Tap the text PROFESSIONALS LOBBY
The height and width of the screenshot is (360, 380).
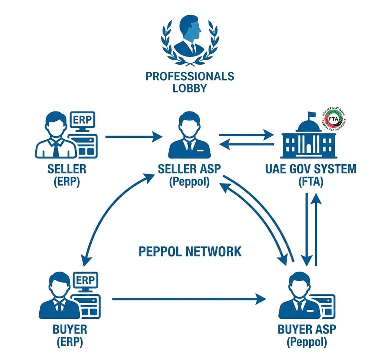(x=190, y=82)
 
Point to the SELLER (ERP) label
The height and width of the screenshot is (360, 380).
(x=67, y=175)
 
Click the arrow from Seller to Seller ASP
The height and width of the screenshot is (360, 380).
(x=134, y=137)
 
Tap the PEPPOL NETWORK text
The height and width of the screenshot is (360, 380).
(x=190, y=252)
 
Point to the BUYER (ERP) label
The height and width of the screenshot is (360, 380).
(x=67, y=335)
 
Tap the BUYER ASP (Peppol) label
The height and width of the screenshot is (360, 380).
(x=307, y=335)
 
